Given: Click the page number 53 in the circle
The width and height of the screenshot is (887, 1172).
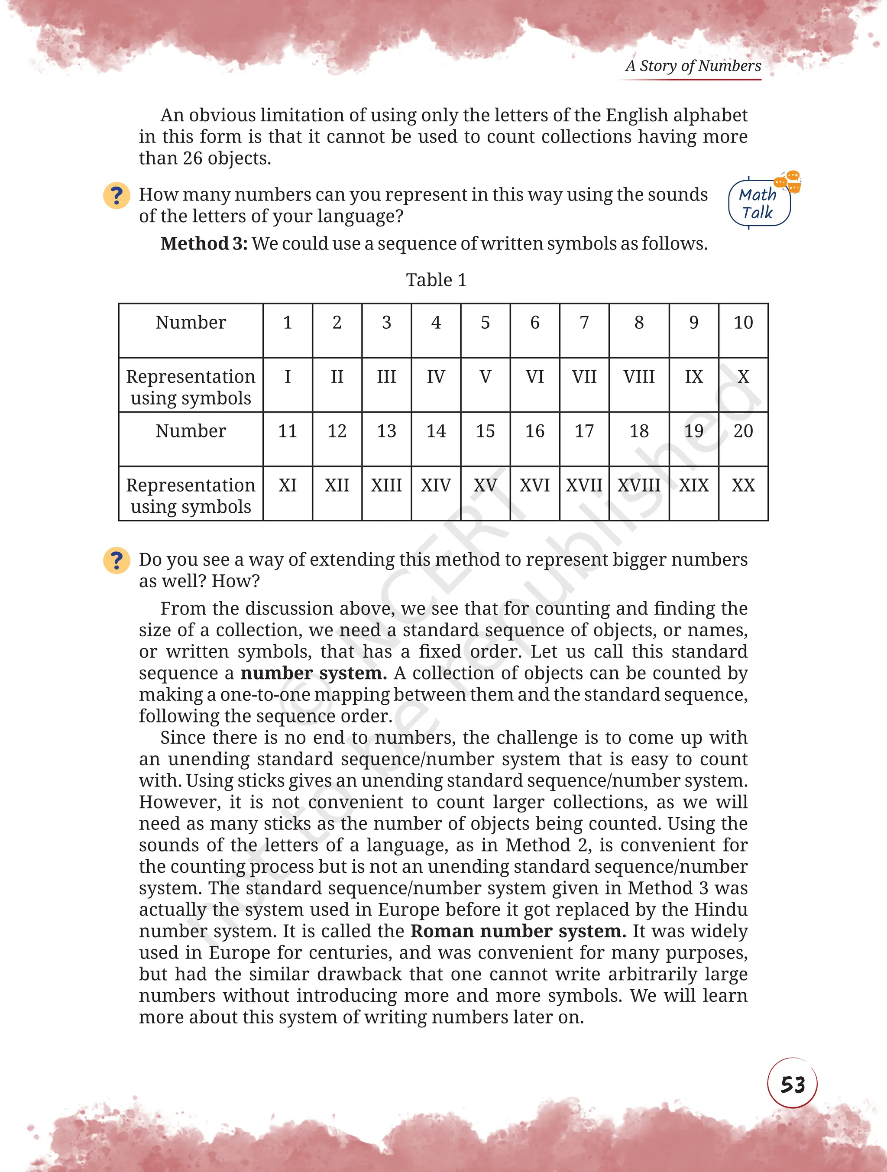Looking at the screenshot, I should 792,1084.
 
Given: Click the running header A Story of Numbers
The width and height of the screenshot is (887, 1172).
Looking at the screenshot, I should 693,66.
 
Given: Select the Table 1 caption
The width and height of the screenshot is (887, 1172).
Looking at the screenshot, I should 436,280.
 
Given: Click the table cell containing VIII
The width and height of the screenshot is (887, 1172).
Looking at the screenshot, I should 638,377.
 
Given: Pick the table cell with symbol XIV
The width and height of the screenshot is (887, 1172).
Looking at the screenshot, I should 436,486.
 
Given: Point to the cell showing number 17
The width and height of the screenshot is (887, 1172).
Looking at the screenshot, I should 584,431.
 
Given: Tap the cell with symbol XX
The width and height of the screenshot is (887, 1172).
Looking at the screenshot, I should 743,486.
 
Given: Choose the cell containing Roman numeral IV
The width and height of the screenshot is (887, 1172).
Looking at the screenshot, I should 436,377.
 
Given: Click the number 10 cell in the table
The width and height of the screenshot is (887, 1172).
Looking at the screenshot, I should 743,323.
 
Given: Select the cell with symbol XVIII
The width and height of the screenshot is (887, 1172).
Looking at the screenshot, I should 638,486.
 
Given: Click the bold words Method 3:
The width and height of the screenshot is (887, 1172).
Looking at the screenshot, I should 204,244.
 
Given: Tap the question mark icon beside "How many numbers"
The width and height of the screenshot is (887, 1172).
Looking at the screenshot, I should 117,195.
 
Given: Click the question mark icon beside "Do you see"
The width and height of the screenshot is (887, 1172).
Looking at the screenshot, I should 117,560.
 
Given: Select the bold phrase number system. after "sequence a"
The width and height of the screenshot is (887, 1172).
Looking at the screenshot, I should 313,673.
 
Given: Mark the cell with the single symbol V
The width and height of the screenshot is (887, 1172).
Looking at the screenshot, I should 485,377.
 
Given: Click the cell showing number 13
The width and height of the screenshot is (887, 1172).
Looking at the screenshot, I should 386,431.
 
